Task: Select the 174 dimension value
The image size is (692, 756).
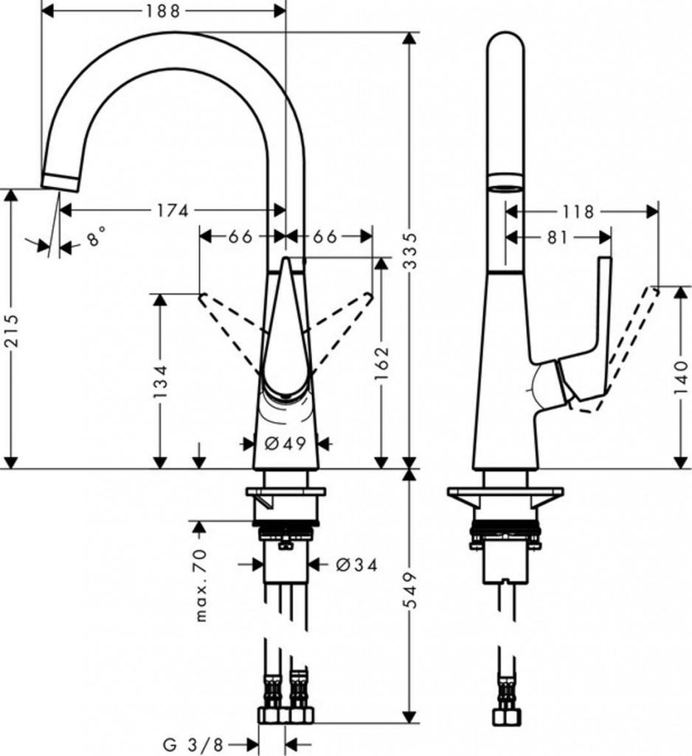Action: (x=172, y=210)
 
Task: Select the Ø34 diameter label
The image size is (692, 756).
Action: (x=357, y=566)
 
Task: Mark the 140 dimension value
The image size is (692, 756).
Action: (x=681, y=379)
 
